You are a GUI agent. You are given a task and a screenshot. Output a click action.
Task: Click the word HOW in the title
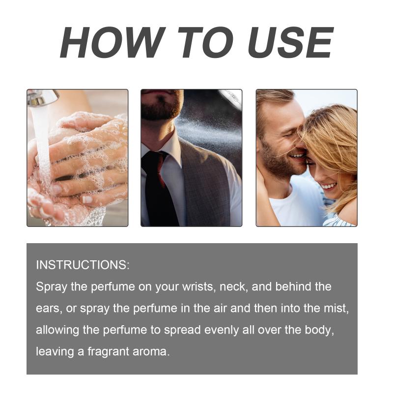click(113, 42)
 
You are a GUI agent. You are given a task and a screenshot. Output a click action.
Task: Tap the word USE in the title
click(291, 42)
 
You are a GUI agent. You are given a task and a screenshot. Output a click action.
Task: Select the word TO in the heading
click(205, 42)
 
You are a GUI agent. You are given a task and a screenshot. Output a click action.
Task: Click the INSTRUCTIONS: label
click(83, 265)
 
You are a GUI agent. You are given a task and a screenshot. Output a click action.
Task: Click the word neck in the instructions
click(234, 286)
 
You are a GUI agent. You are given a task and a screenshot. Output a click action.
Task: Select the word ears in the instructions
click(49, 309)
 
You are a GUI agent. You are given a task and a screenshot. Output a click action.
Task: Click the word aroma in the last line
click(151, 352)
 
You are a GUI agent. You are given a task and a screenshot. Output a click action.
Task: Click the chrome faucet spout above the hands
click(43, 97)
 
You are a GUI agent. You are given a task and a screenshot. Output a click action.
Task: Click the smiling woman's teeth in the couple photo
click(328, 186)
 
